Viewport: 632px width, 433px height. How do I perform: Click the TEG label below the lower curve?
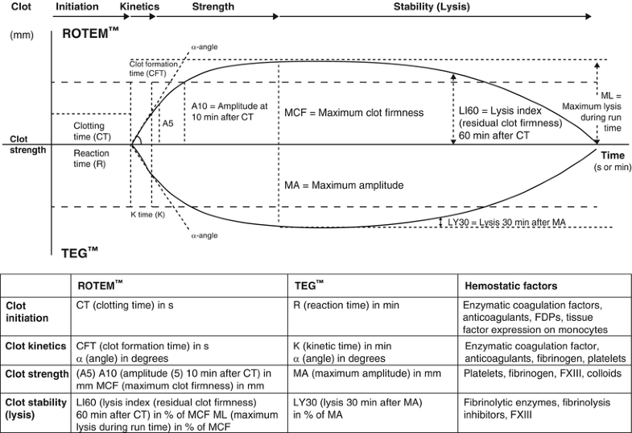click(80, 252)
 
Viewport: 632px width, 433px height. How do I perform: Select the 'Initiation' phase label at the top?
click(76, 7)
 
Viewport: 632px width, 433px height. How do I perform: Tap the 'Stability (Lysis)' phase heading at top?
click(432, 7)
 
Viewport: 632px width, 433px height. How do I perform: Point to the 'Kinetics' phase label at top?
click(138, 7)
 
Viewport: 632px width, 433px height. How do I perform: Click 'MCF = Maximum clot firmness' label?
click(354, 113)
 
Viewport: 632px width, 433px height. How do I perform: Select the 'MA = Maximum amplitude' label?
click(344, 185)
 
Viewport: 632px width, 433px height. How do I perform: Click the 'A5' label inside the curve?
click(167, 123)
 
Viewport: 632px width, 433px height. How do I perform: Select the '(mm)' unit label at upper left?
click(21, 36)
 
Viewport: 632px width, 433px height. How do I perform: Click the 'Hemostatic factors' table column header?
click(510, 285)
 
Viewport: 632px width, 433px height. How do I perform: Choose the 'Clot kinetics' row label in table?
click(35, 346)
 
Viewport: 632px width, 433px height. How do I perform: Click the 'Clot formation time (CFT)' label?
click(155, 68)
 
